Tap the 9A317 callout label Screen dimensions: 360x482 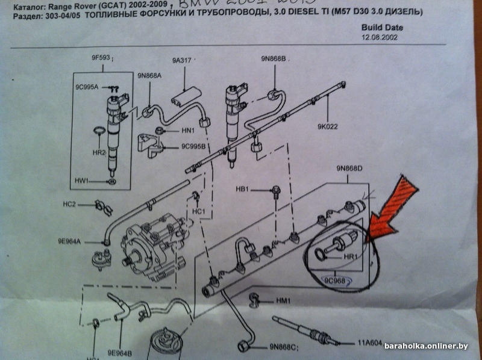181,60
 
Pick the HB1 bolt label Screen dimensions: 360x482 243,189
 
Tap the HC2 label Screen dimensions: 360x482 70,204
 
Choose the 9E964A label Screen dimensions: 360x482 70,241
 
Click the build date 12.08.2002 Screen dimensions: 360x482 380,37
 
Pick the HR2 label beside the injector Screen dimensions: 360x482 99,153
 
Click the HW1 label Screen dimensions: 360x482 82,180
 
